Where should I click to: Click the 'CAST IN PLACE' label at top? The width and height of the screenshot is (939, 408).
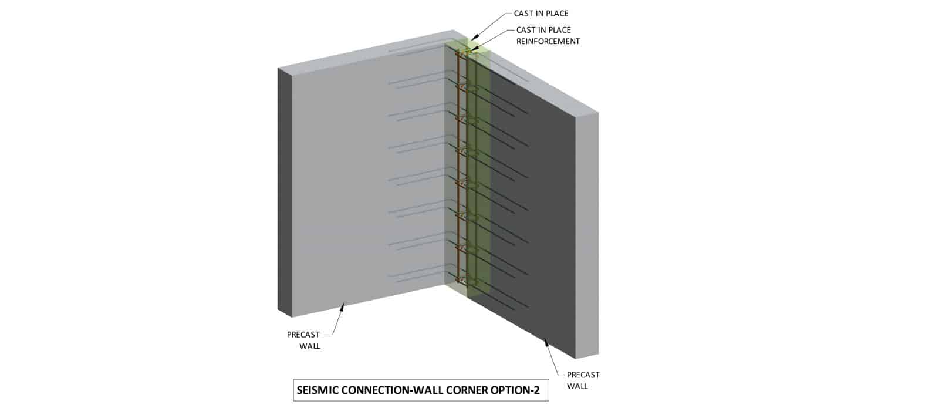[x=541, y=14]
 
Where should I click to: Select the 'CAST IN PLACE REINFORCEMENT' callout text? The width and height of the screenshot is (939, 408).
[x=548, y=35]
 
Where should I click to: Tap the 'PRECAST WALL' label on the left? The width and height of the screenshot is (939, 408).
[x=303, y=340]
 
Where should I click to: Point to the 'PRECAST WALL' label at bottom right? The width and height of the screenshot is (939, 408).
[x=583, y=380]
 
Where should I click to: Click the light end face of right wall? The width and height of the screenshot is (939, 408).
[x=587, y=235]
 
